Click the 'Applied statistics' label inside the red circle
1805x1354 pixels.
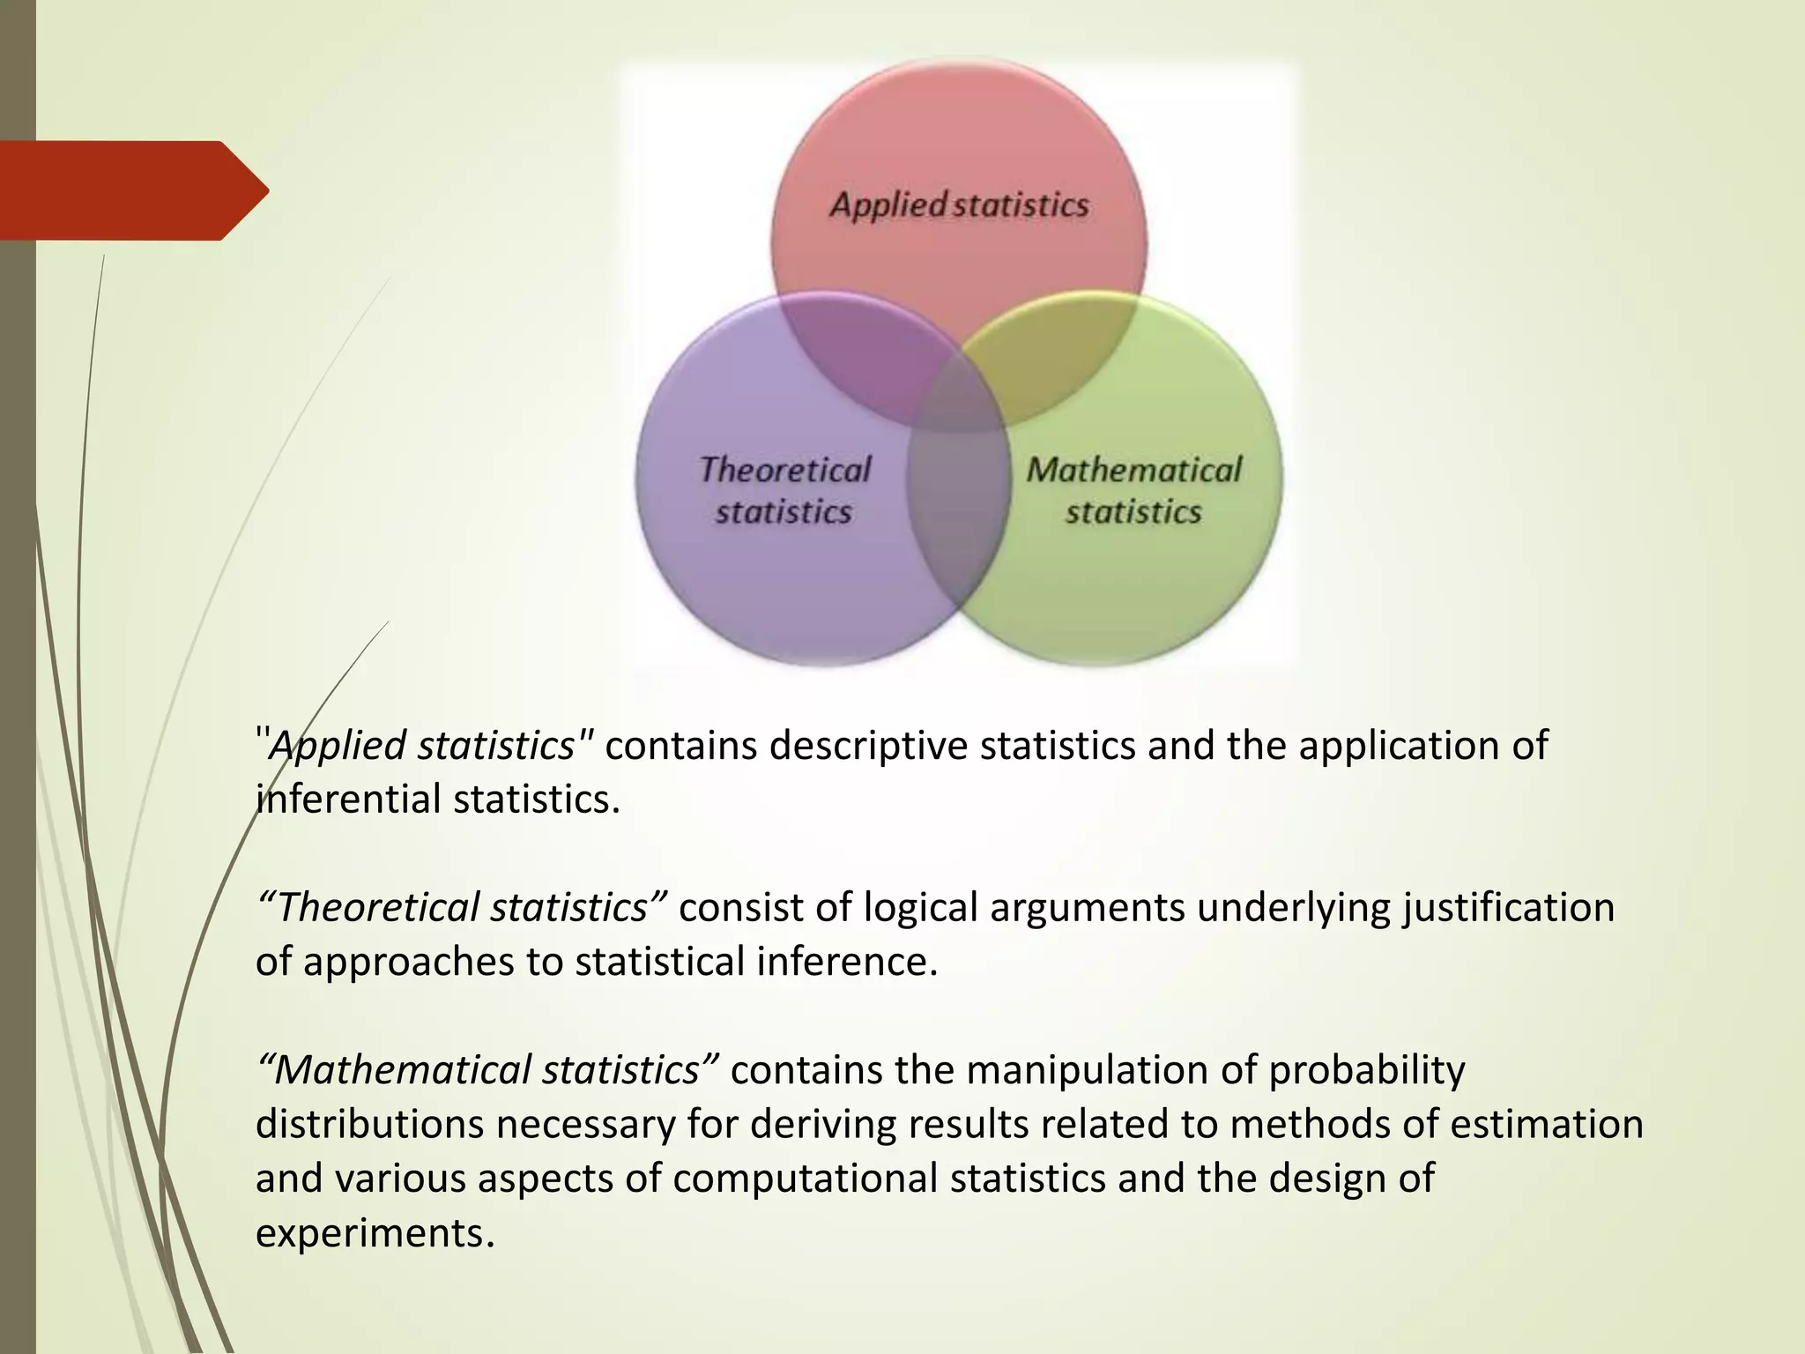(x=959, y=205)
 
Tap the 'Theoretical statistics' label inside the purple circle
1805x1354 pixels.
(x=784, y=490)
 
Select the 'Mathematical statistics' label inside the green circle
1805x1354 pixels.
(x=1133, y=490)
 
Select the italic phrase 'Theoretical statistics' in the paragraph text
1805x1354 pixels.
(x=463, y=908)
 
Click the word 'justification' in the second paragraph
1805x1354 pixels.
(x=1508, y=908)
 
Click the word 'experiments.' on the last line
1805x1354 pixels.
(x=375, y=1233)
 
